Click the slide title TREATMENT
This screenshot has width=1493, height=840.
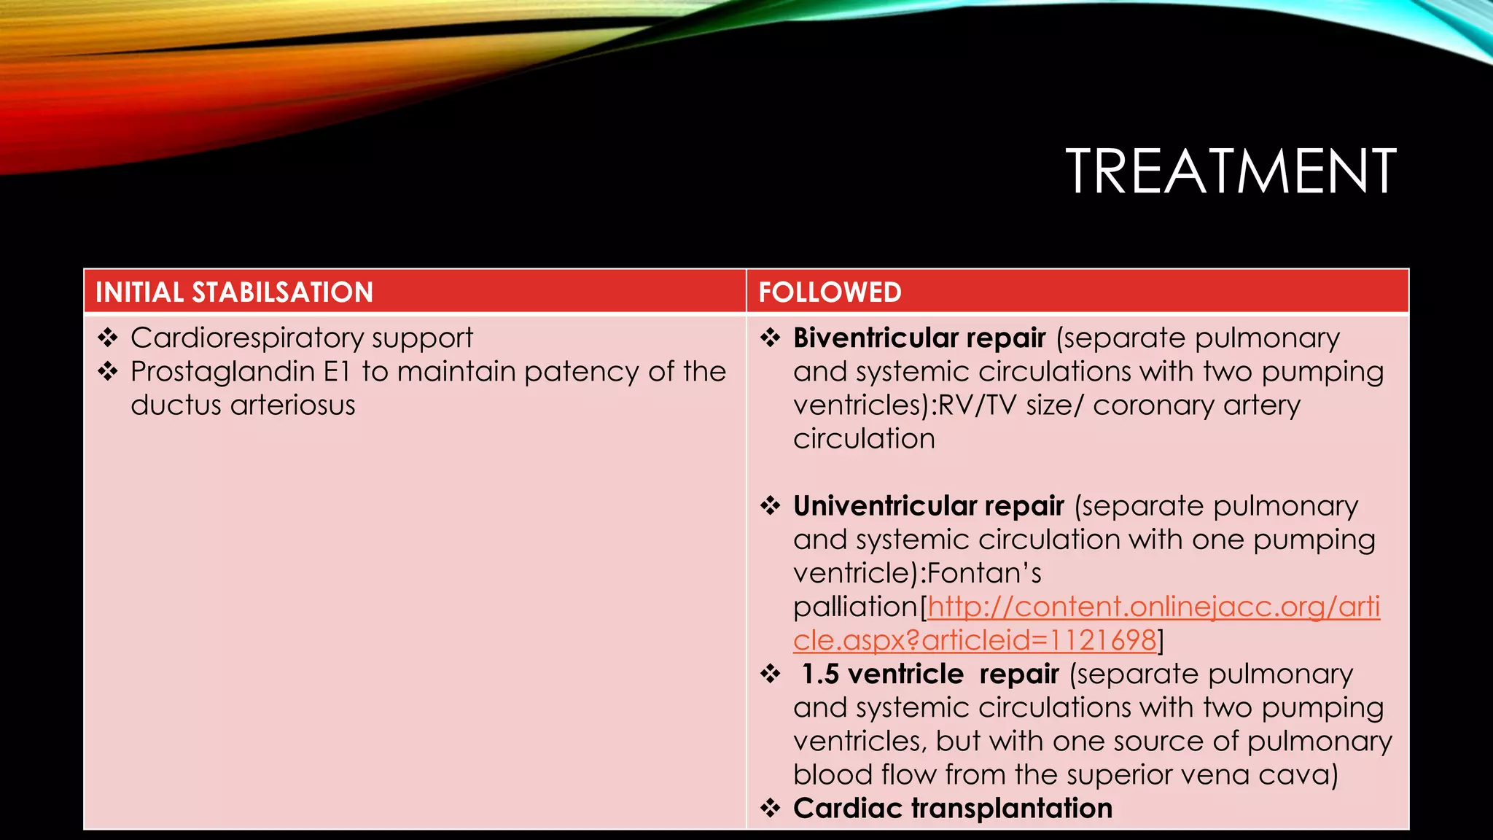1231,171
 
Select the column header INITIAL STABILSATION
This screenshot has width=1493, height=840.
234,292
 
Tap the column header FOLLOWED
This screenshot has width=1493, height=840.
830,292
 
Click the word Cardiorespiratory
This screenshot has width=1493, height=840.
246,338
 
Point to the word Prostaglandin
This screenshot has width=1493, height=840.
222,372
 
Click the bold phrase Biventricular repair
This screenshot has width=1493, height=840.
919,338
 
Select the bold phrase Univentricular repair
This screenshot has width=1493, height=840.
928,506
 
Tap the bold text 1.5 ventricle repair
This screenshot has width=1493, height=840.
929,674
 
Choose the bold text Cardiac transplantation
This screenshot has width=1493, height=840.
952,809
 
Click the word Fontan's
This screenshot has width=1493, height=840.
984,574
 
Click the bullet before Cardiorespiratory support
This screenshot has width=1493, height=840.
108,338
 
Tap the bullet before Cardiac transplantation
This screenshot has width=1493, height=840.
771,808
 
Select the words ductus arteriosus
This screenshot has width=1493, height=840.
243,405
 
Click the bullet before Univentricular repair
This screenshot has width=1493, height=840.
771,505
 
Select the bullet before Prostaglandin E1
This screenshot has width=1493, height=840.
108,371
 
